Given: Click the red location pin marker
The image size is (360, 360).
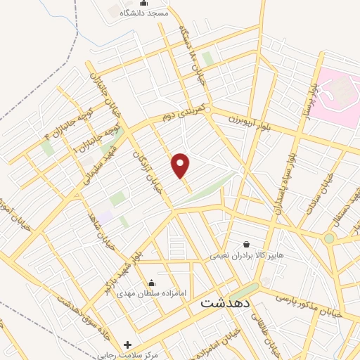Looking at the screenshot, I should point(181,166).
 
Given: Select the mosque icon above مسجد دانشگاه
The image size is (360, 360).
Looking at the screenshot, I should point(144,3).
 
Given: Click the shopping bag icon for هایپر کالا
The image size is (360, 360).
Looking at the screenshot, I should point(246,243).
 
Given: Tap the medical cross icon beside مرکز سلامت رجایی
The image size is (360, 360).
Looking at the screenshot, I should point(127,345).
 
